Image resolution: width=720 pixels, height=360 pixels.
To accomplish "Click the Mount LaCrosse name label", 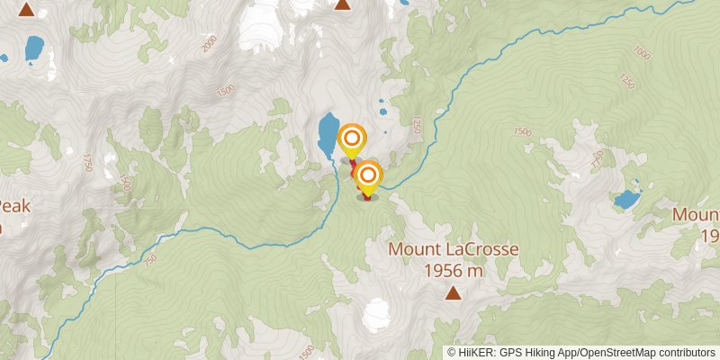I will pyautogui.click(x=453, y=248).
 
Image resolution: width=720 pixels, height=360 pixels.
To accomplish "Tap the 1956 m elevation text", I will pyautogui.click(x=453, y=268).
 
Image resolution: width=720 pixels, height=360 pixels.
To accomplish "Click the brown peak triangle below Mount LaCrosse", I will pyautogui.click(x=453, y=292).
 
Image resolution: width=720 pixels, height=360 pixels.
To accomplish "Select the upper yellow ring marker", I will pyautogui.click(x=353, y=138).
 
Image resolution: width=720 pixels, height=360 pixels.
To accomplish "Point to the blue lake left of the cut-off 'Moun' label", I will pyautogui.click(x=625, y=199).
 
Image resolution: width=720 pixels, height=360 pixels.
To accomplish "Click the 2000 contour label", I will pyautogui.click(x=210, y=44).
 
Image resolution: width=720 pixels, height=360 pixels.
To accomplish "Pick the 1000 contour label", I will pyautogui.click(x=642, y=53).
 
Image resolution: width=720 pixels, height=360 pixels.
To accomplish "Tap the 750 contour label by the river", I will pyautogui.click(x=148, y=260).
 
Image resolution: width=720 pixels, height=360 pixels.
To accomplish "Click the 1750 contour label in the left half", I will pyautogui.click(x=87, y=162).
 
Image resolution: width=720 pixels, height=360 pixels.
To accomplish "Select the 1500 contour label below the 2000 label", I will pyautogui.click(x=226, y=90).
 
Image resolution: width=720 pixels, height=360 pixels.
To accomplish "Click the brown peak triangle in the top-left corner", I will pyautogui.click(x=27, y=11).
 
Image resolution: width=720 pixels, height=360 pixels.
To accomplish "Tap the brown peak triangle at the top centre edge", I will pyautogui.click(x=342, y=4).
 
